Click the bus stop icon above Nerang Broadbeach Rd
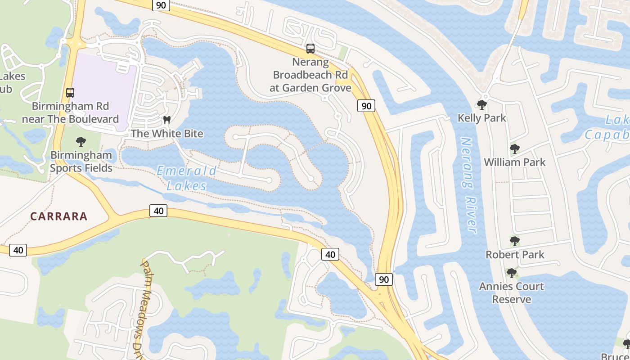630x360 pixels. tap(310, 49)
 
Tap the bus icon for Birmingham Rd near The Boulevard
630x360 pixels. tap(70, 93)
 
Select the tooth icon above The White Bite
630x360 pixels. tap(167, 120)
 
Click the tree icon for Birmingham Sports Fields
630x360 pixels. tap(81, 142)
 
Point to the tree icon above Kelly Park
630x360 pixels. tap(482, 105)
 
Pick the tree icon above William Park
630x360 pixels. tap(515, 149)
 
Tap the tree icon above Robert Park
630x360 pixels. tap(515, 241)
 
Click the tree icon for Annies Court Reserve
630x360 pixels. tap(511, 273)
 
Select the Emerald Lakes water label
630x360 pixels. tap(186, 178)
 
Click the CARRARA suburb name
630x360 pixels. tap(59, 216)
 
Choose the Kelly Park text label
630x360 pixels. tap(482, 118)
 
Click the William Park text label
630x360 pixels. tap(515, 162)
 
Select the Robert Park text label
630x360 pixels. tap(515, 255)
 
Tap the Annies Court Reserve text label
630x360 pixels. tap(511, 293)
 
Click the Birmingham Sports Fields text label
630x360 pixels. tap(81, 162)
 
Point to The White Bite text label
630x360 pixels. tap(167, 134)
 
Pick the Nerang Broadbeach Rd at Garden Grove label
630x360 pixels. tap(310, 75)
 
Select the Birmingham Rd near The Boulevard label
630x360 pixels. tap(70, 112)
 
